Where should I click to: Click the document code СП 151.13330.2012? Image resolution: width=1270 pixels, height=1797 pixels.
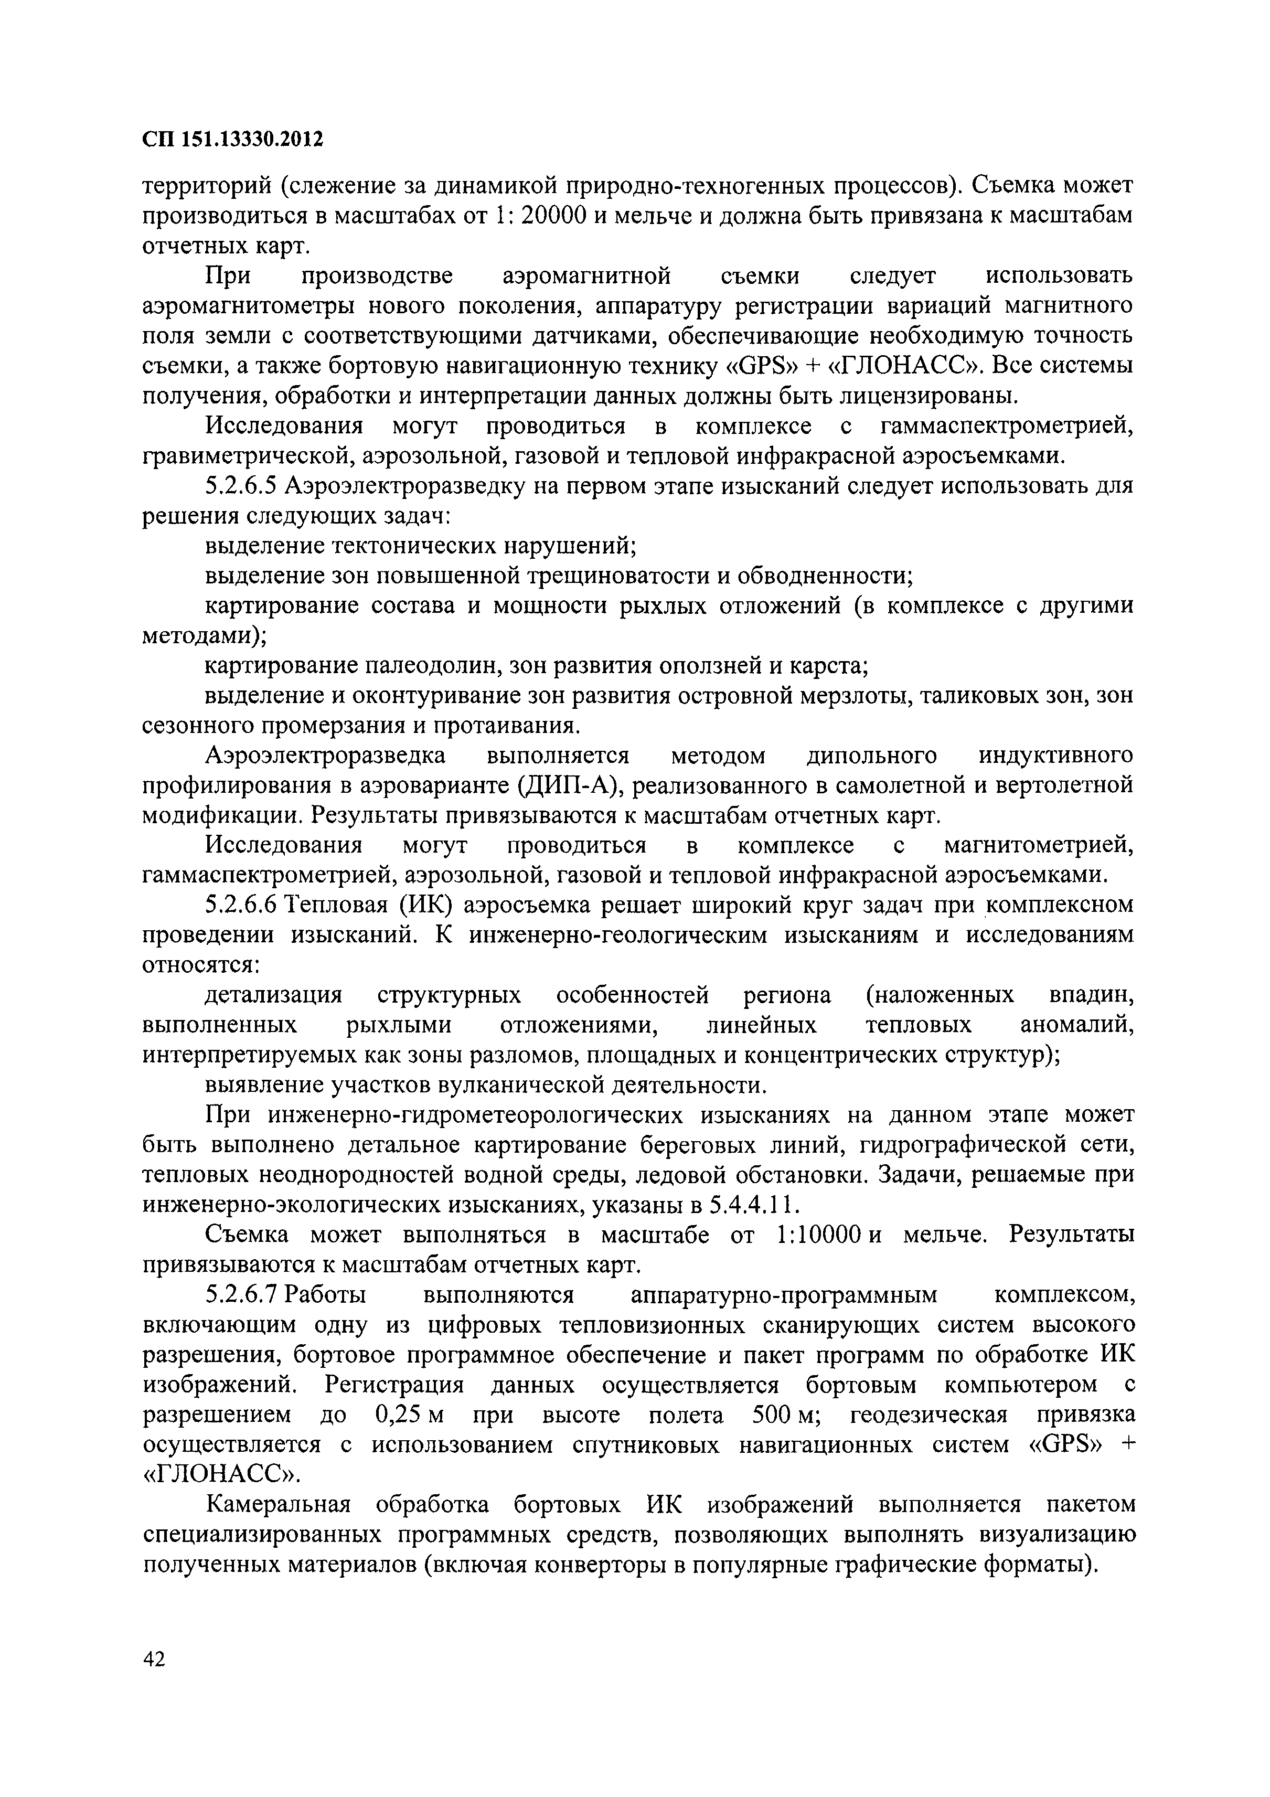click(x=232, y=140)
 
